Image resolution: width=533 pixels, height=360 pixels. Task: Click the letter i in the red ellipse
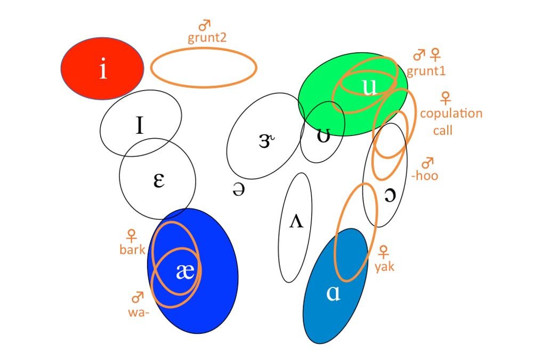tap(103, 69)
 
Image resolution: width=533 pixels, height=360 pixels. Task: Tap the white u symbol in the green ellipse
tap(369, 87)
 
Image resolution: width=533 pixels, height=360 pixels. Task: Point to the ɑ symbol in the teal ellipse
tap(333, 294)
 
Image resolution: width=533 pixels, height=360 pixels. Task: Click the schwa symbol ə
tap(239, 189)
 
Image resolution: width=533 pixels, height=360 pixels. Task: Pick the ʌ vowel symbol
tap(296, 221)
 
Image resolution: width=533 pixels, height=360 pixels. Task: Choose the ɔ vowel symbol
tap(390, 196)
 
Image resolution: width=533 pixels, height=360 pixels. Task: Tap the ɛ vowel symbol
tap(158, 180)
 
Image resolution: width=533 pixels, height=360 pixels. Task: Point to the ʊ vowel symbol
tap(323, 136)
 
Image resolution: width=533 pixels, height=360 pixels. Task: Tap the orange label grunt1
tap(426, 70)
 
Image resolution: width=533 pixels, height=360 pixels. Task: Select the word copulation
tap(451, 114)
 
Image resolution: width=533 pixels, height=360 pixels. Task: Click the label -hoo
tap(424, 175)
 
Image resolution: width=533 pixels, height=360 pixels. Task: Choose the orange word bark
tap(133, 249)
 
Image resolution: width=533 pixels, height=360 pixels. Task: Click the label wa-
tap(139, 313)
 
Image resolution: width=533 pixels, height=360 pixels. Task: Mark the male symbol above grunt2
tap(205, 25)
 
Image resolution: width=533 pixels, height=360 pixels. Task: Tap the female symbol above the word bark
tap(131, 235)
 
